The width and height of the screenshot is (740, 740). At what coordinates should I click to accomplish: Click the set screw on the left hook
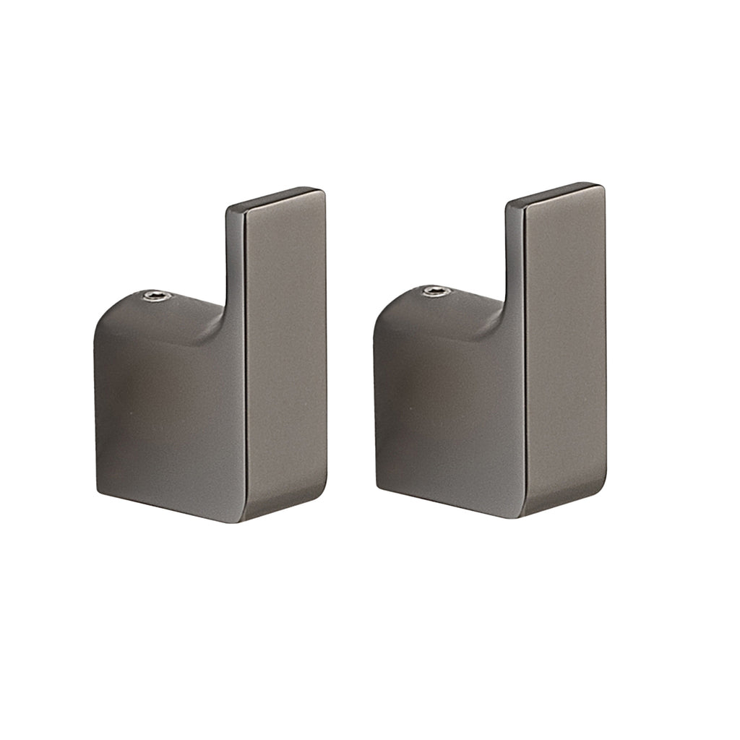click(153, 296)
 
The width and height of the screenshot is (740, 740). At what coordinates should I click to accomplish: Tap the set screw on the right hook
click(434, 291)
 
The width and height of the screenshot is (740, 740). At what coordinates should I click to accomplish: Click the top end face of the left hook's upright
click(275, 199)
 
